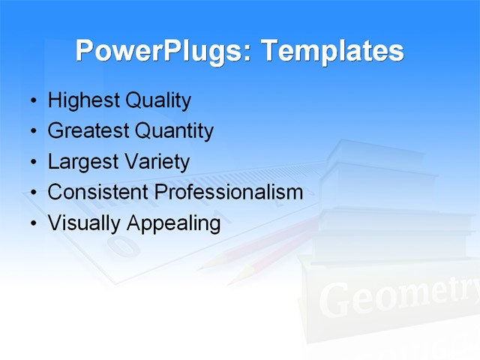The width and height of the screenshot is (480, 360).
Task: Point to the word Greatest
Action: [88, 131]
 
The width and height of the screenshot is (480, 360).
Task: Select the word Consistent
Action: [98, 193]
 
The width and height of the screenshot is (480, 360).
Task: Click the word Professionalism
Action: [229, 193]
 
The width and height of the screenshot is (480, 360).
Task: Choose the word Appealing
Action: [173, 223]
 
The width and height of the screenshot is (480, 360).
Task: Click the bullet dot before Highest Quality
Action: [32, 101]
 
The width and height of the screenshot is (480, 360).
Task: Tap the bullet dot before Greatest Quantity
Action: [32, 132]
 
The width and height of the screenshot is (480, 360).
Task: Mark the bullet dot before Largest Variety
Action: [32, 163]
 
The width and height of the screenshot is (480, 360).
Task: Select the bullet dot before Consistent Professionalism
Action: [32, 193]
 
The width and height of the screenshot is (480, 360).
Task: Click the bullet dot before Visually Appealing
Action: [32, 224]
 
